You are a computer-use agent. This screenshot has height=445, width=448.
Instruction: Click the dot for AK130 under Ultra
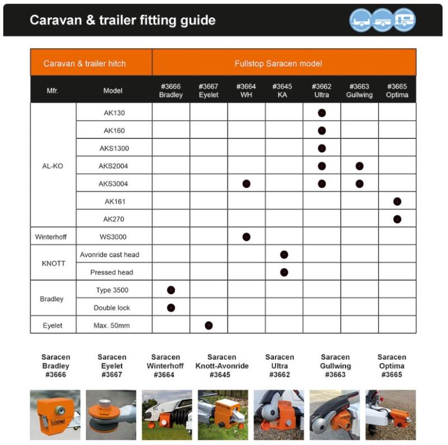click(321, 113)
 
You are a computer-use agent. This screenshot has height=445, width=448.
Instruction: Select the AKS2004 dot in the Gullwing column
click(360, 166)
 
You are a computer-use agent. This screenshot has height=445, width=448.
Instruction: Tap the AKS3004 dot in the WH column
click(246, 184)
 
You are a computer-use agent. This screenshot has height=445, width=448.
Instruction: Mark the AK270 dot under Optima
click(397, 219)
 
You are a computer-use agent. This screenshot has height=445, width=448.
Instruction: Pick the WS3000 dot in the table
click(246, 237)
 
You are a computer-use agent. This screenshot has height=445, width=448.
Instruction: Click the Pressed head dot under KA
click(284, 272)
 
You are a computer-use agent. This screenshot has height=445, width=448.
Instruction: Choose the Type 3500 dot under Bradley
click(171, 290)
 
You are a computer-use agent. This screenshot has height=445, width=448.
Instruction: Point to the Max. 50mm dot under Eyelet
click(209, 325)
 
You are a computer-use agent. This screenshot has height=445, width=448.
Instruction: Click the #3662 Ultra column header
click(321, 91)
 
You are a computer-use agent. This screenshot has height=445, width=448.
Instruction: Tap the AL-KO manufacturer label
click(53, 166)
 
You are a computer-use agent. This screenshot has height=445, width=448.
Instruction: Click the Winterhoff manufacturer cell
click(53, 237)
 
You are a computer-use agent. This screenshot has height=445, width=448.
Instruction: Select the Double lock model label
click(112, 308)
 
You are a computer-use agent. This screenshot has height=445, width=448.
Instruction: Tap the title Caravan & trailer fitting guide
click(123, 21)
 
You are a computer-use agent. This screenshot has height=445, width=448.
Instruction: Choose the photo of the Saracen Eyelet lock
click(111, 415)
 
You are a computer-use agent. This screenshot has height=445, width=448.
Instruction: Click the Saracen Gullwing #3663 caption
click(335, 365)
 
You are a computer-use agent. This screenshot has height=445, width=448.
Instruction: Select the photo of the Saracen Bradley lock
click(55, 415)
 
